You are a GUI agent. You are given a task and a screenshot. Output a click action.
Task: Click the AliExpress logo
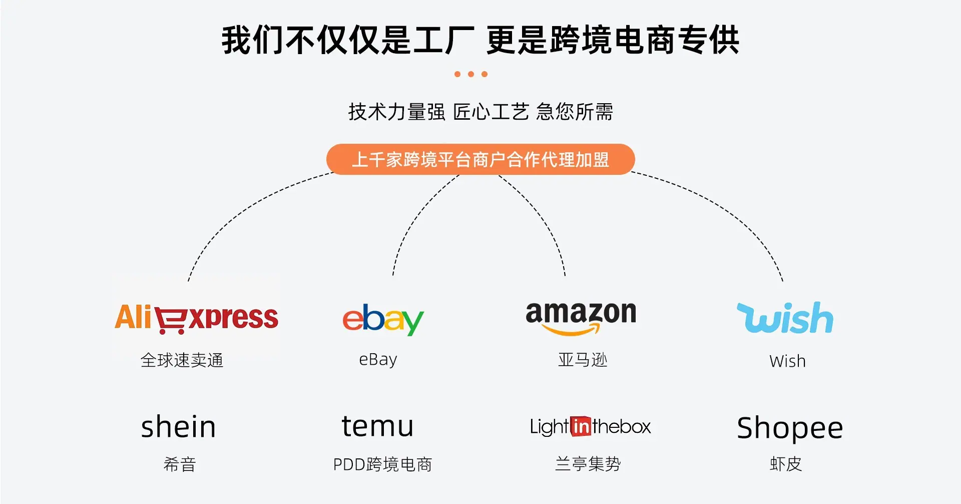196,318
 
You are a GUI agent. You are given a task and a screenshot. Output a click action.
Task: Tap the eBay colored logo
383,319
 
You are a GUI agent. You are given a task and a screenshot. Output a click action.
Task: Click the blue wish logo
785,318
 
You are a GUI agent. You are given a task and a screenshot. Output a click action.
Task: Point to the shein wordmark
178,426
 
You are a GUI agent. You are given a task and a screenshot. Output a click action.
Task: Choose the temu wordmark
378,426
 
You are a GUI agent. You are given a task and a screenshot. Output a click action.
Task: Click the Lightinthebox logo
590,426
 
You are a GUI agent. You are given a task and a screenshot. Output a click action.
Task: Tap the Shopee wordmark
790,429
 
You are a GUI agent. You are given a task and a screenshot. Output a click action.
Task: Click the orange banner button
480,159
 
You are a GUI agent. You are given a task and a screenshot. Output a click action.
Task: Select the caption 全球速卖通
182,360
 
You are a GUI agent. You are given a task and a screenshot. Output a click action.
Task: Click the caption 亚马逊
583,360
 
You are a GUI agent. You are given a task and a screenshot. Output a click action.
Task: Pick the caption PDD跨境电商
382,464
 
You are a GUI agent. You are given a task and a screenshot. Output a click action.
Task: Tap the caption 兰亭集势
588,464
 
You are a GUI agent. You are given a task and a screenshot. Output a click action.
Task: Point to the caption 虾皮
786,464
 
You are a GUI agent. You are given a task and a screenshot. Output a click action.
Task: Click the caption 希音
180,464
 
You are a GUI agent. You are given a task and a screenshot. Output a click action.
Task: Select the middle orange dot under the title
471,74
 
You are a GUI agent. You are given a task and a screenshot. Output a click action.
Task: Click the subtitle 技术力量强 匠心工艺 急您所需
480,112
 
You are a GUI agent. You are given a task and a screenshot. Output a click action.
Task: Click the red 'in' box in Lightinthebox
581,426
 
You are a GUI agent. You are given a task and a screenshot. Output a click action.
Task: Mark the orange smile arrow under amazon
571,329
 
